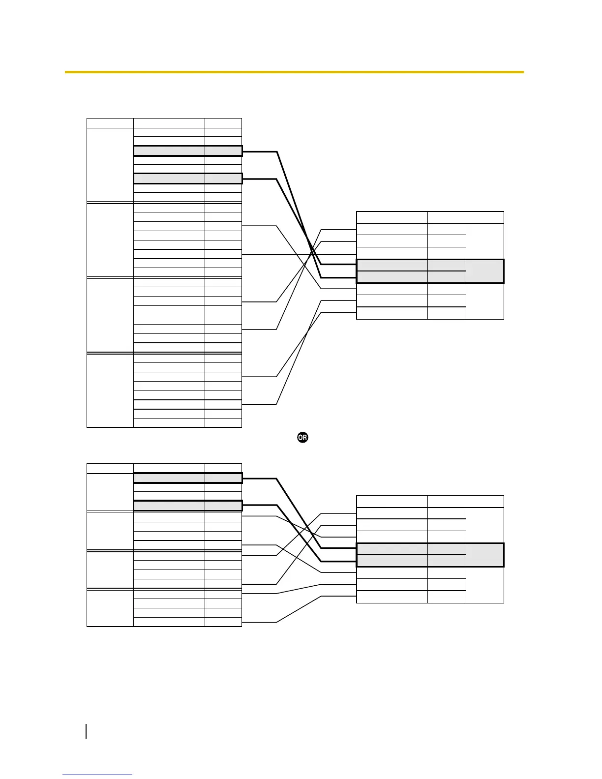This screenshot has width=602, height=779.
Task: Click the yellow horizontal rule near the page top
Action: [294, 72]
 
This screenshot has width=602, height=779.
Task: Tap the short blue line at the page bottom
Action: [97, 775]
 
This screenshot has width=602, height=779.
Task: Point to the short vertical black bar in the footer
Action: [87, 730]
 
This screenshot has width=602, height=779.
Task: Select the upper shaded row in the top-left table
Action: [187, 151]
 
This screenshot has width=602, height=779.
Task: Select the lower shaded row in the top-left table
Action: [187, 179]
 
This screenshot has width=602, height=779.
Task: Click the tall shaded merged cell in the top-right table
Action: [484, 271]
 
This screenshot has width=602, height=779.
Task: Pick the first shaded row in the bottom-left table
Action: [187, 478]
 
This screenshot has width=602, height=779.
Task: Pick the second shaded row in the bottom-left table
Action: [187, 505]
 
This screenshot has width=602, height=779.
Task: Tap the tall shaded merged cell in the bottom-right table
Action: [484, 555]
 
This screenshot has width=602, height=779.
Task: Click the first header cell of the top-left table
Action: [110, 123]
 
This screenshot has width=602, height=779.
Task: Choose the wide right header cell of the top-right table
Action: [465, 217]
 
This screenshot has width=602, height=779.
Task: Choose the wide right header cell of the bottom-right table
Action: [465, 501]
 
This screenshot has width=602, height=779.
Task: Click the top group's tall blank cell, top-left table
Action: [110, 165]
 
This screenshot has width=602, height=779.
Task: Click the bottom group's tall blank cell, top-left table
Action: [110, 390]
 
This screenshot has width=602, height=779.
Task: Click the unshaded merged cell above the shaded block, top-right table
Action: [484, 241]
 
